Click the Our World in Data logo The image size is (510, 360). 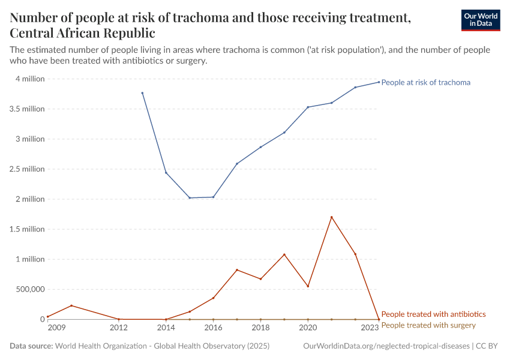[480, 20]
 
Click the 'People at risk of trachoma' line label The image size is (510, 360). [425, 82]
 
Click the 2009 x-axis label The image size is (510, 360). [56, 328]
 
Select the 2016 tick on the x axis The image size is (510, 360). [213, 328]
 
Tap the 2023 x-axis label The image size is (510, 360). [370, 328]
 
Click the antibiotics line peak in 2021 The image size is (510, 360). [331, 217]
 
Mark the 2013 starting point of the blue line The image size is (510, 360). [142, 93]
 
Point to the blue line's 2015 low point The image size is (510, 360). [190, 198]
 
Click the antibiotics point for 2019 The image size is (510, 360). [284, 254]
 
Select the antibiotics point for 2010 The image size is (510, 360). [71, 305]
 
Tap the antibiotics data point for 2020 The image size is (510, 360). [308, 286]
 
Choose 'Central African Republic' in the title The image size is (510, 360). [82, 33]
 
